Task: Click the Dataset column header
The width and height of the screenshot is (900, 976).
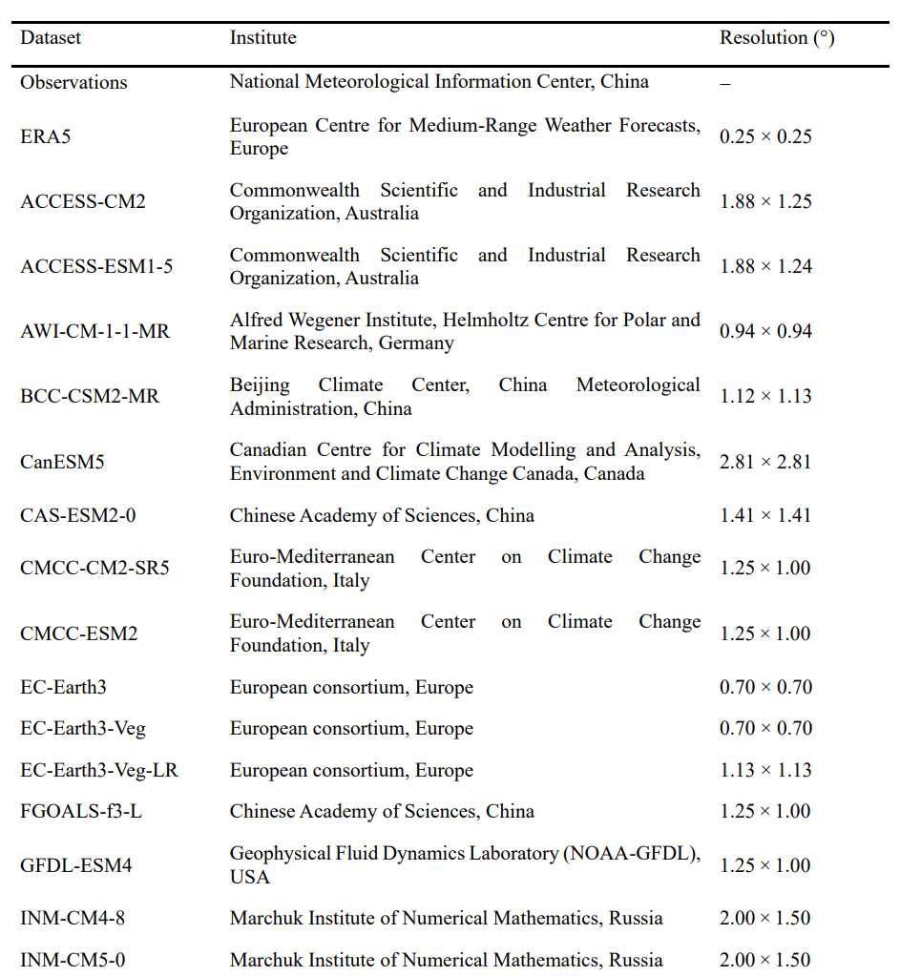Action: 51,38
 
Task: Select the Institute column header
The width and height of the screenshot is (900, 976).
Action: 262,38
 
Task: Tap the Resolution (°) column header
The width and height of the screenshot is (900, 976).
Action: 776,38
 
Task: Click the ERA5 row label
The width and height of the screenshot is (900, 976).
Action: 46,136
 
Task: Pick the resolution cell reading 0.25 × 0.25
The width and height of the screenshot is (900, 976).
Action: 765,136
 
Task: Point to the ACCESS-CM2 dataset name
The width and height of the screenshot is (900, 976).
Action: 83,201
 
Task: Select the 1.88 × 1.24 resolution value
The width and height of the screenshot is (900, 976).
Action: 765,266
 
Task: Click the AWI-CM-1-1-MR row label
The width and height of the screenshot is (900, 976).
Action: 95,331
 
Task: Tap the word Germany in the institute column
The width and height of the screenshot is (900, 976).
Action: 417,343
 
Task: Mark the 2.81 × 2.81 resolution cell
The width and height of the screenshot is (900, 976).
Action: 765,462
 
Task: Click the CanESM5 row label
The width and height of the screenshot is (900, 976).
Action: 62,462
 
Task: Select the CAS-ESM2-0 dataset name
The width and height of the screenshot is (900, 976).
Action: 77,515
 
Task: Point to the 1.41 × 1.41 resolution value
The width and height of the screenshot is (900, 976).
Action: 765,515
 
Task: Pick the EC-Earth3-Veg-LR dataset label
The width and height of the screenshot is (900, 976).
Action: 99,770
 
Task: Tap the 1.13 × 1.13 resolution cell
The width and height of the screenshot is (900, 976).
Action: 765,770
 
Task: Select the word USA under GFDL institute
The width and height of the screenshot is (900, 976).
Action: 250,877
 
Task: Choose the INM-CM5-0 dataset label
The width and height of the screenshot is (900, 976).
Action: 73,960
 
